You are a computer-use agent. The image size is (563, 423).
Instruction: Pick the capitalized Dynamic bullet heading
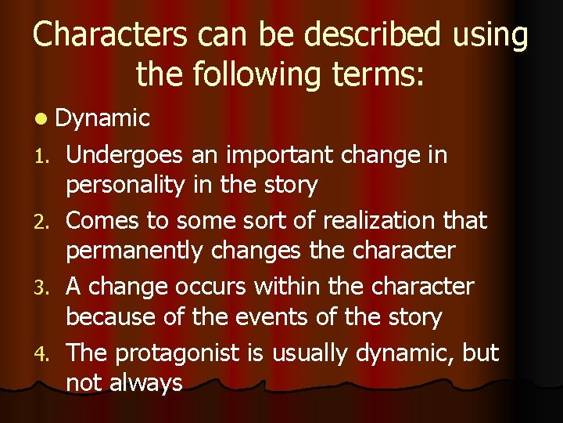(102, 119)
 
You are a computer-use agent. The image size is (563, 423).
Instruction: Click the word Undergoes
(126, 156)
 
